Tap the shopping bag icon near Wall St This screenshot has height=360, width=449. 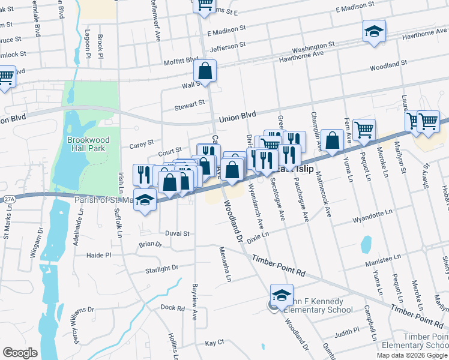click(205, 71)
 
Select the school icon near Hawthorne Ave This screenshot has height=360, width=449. click(374, 31)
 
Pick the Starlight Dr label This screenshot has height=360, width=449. click(162, 270)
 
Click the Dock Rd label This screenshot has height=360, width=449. click(172, 308)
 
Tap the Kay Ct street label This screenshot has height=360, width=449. click(214, 343)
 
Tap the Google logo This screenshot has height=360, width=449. click(20, 352)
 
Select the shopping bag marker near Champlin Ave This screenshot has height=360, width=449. click(332, 141)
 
